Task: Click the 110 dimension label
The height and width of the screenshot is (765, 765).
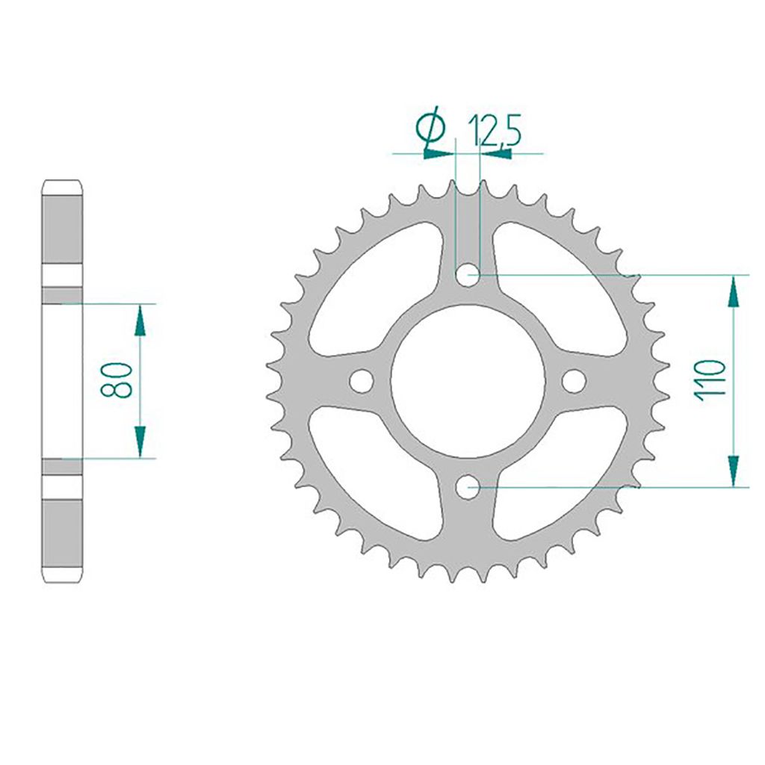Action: pyautogui.click(x=710, y=380)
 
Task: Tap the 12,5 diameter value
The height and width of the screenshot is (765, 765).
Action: pyautogui.click(x=495, y=131)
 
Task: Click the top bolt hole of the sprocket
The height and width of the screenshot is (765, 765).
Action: pyautogui.click(x=468, y=275)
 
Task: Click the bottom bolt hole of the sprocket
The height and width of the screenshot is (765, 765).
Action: pyautogui.click(x=468, y=487)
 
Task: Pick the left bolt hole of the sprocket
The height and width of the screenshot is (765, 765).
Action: pyautogui.click(x=362, y=380)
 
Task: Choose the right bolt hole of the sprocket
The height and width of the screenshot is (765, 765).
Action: pyautogui.click(x=574, y=380)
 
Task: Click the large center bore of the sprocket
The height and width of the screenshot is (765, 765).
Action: pyautogui.click(x=468, y=381)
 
